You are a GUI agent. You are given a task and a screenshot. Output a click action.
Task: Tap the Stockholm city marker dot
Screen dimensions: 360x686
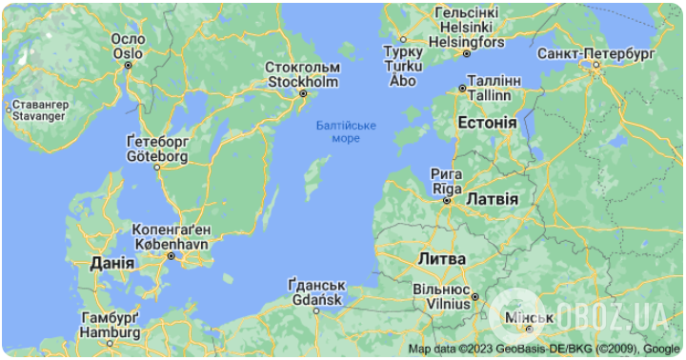point(303,93)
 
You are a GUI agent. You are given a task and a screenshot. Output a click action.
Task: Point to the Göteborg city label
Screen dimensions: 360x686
point(157,148)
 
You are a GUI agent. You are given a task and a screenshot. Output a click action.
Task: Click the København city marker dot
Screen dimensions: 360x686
point(171,255)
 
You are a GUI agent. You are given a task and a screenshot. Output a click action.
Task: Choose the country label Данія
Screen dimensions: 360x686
point(111,262)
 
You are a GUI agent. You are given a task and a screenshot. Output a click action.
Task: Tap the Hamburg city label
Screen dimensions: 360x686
point(110,325)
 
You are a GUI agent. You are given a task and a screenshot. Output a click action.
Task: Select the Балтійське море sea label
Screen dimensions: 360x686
point(346,131)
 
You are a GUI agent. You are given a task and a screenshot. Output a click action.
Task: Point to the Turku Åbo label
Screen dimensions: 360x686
point(403,66)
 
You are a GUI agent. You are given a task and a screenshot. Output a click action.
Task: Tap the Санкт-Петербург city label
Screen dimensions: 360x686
point(595,51)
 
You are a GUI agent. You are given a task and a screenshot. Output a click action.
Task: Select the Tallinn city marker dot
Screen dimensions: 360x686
point(462,88)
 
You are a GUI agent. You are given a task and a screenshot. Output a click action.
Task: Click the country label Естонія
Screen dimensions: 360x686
point(487,124)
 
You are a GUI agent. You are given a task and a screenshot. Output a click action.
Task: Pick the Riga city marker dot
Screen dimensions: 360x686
point(446,201)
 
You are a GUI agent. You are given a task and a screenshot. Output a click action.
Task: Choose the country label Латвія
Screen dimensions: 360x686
point(492,199)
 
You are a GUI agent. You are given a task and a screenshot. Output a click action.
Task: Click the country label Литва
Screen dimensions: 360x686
point(441,258)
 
